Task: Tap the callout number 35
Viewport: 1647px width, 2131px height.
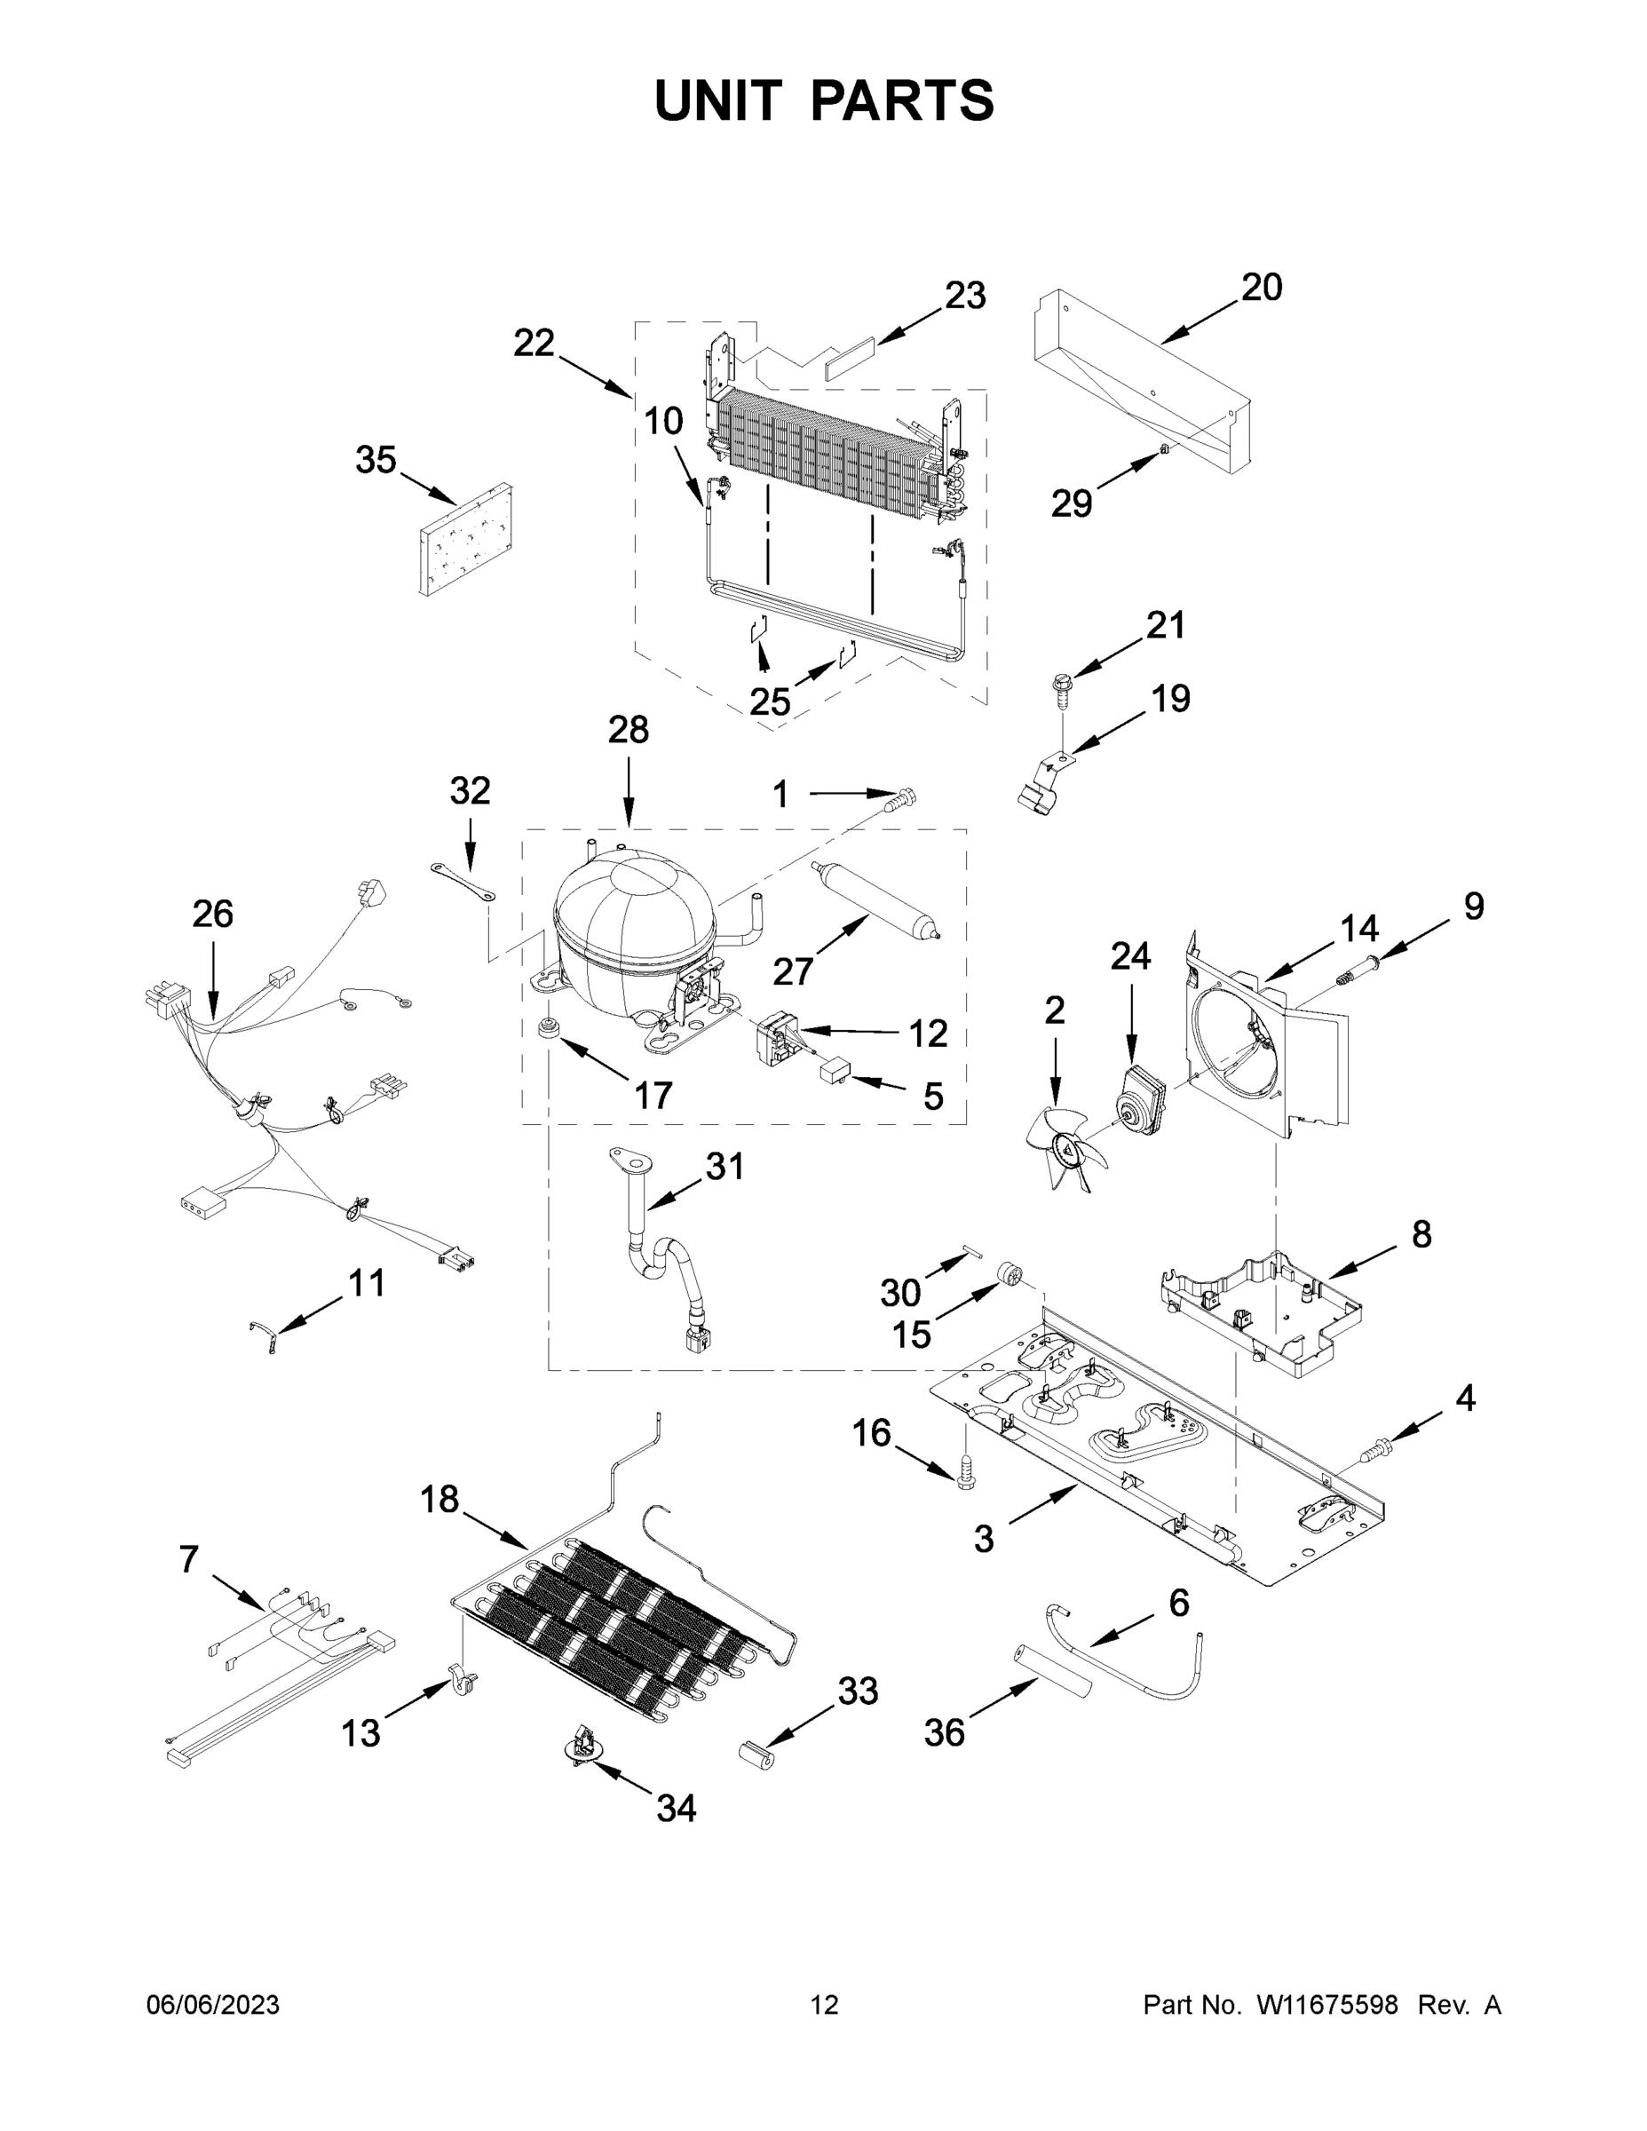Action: [x=376, y=460]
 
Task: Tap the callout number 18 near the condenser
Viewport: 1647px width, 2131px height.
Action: [x=440, y=1499]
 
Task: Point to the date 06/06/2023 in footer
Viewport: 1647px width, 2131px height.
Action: [x=213, y=2005]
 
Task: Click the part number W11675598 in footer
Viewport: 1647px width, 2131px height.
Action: [x=1327, y=2005]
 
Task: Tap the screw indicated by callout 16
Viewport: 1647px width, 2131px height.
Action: [x=967, y=1477]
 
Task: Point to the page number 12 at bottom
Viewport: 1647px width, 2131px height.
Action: [x=825, y=2005]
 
